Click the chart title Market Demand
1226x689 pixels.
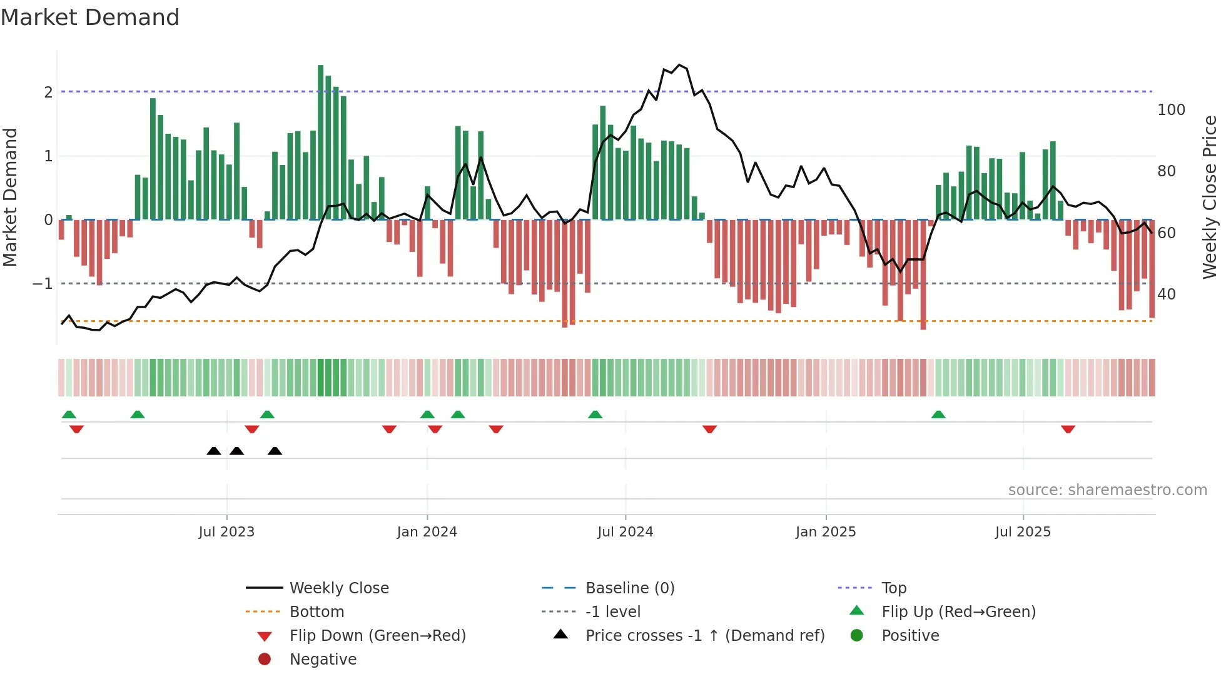coord(90,18)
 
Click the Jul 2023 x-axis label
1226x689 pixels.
coord(226,532)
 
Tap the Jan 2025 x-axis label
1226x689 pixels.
coord(826,532)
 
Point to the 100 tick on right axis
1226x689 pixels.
coord(1171,110)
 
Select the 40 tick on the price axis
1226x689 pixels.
coord(1167,294)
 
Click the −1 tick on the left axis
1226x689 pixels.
coord(43,284)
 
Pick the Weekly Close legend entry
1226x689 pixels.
coord(338,588)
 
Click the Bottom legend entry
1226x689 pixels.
coord(317,612)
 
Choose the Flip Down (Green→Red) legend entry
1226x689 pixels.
coord(377,636)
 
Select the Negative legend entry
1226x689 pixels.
coord(323,660)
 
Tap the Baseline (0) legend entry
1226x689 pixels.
coord(629,588)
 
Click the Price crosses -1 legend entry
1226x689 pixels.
coord(704,636)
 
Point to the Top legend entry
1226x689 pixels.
coord(894,588)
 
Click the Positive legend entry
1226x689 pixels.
coord(910,636)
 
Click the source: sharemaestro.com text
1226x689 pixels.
coord(1107,490)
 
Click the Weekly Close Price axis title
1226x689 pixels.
coord(1210,197)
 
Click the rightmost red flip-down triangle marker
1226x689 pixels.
coord(1068,429)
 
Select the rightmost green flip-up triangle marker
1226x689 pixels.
coord(938,415)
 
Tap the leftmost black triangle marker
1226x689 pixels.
coord(214,451)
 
